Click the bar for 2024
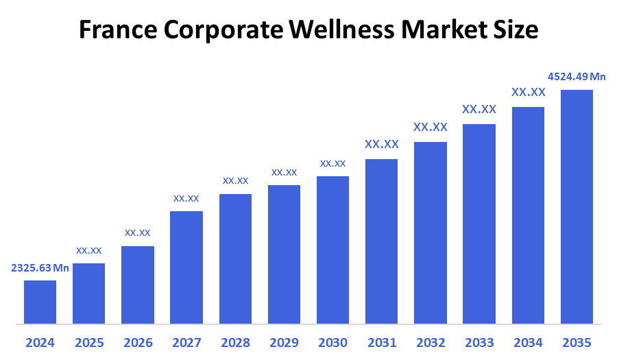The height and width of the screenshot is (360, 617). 40,302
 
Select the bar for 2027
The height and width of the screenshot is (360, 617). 186,267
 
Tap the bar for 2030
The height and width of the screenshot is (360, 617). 332,250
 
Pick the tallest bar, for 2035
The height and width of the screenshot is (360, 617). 577,206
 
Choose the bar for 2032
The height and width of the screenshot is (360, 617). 431,232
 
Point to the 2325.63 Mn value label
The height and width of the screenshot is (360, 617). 40,268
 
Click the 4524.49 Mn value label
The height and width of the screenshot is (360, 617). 577,76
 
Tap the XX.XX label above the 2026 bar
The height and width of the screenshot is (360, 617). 137,233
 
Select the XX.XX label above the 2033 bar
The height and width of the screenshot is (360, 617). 479,109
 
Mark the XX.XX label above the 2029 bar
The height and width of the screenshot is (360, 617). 284,172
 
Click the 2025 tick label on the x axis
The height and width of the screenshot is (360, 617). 88,342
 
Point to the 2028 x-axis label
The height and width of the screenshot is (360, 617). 235,342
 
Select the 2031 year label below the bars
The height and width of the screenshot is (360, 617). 382,342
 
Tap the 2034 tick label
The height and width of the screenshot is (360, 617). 528,342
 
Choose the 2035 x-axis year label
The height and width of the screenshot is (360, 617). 577,342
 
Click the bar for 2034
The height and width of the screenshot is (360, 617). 528,215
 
